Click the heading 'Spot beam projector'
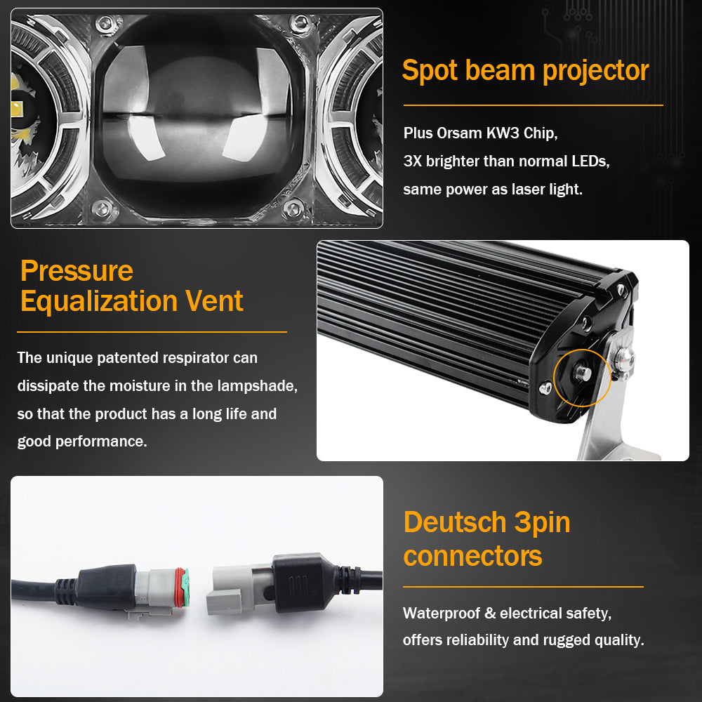(x=525, y=71)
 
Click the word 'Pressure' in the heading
(x=77, y=271)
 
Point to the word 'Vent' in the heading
(x=214, y=301)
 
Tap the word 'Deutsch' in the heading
(x=454, y=522)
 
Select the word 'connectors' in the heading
(x=472, y=556)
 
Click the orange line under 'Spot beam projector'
(x=533, y=105)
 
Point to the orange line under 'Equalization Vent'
(x=152, y=331)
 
